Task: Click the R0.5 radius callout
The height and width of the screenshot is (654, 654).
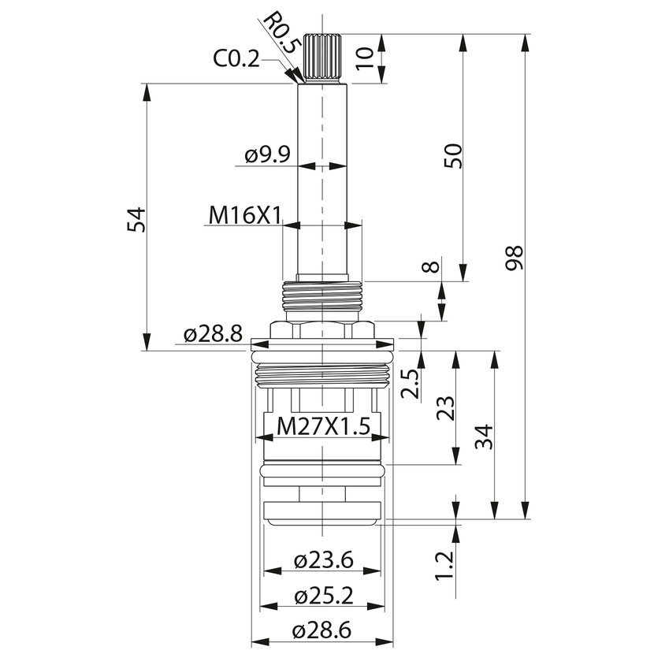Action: pyautogui.click(x=279, y=33)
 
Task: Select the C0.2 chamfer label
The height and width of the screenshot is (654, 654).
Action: pyautogui.click(x=236, y=59)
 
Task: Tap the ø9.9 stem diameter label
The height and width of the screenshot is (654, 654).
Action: pyautogui.click(x=267, y=155)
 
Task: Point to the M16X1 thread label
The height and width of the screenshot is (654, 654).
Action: pyautogui.click(x=245, y=216)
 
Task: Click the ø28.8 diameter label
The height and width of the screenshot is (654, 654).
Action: pyautogui.click(x=213, y=334)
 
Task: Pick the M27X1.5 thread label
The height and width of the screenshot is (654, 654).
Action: pyautogui.click(x=323, y=427)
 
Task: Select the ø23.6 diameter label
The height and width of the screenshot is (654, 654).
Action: pyautogui.click(x=323, y=560)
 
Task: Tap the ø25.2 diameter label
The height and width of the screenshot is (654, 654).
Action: pyautogui.click(x=323, y=596)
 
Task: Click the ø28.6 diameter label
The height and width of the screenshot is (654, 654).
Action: pyautogui.click(x=321, y=630)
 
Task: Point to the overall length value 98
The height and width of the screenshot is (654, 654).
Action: pyautogui.click(x=514, y=258)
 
